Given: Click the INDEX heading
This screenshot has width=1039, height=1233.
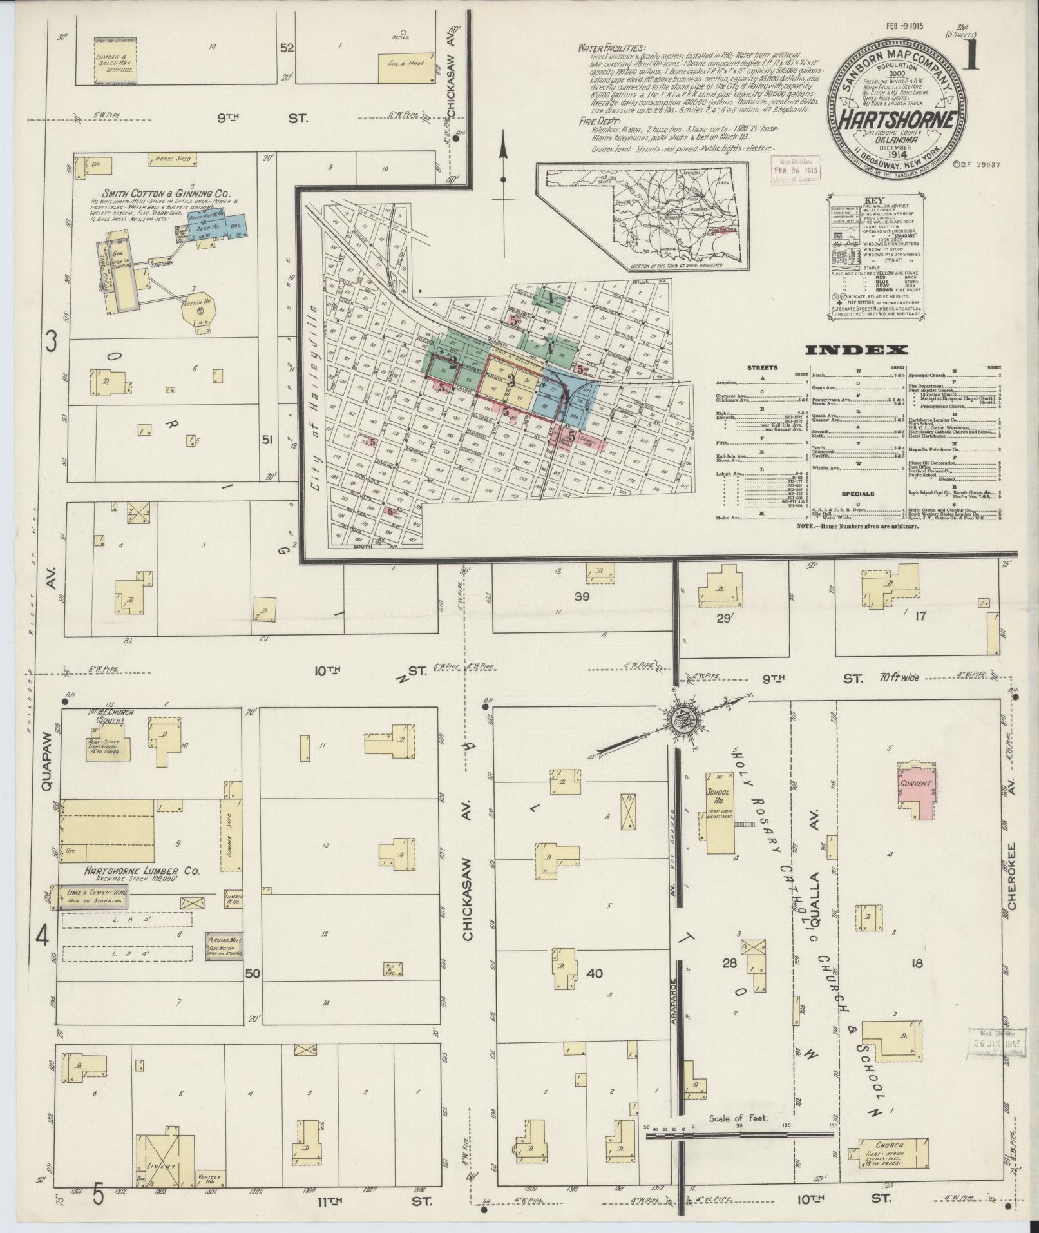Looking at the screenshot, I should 856,351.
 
